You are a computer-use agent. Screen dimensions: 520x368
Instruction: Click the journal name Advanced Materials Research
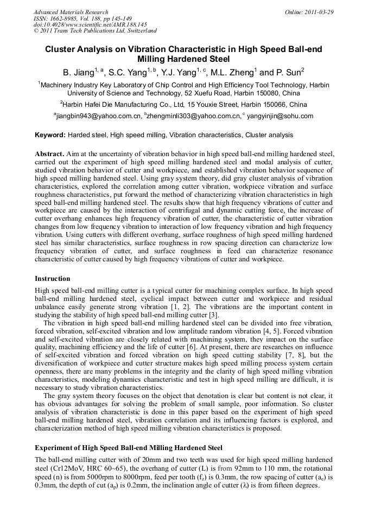71,12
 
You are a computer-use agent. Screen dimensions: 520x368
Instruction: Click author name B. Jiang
78,72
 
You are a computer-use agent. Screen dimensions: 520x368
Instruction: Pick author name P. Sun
290,72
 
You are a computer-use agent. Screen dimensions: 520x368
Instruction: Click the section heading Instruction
53,279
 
